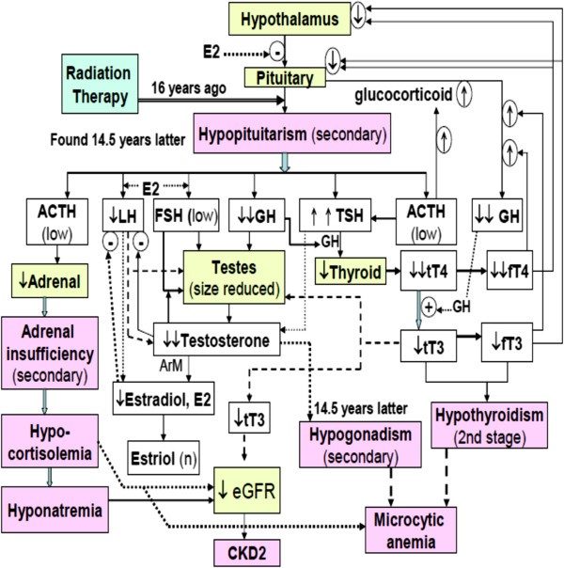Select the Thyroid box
[350, 275]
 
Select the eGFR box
[251, 486]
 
